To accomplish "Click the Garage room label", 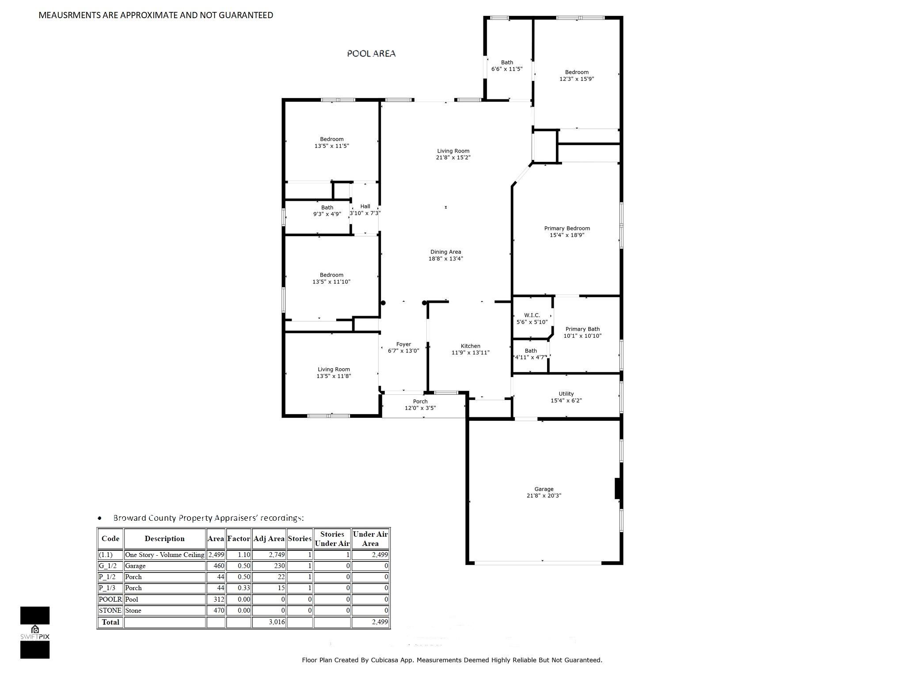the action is (x=544, y=489).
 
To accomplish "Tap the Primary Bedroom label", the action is (x=567, y=229).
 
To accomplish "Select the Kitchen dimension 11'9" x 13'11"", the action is (x=471, y=353).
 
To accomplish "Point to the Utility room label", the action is (x=566, y=394).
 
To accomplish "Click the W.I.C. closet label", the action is (x=532, y=315).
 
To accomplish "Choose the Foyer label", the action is (x=403, y=344).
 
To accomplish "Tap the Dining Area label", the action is (x=446, y=252).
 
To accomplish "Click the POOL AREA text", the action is (x=371, y=53).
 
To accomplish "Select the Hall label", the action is (x=365, y=206).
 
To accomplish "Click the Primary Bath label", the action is (x=582, y=329).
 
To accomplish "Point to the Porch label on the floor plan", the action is (x=420, y=401).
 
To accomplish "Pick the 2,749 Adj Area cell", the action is (x=269, y=555).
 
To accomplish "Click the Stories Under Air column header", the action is (x=332, y=539).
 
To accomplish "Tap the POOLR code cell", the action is (x=110, y=599).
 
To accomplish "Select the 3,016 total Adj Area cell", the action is (x=269, y=622).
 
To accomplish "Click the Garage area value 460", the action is (x=216, y=566).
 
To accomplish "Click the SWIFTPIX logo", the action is (x=35, y=633).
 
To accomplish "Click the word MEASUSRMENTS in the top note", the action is (x=69, y=15).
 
